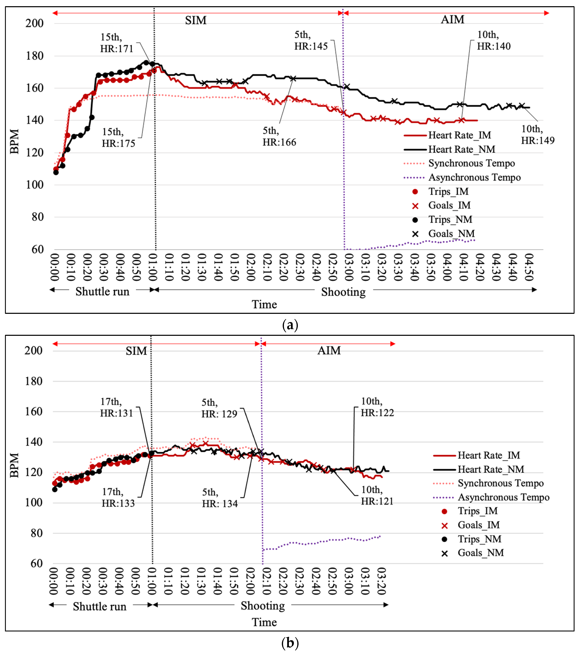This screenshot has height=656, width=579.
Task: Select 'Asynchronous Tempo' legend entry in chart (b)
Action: [503, 497]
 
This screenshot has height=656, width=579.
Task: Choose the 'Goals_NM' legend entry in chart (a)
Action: [451, 234]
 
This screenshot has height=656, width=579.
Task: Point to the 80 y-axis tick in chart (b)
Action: [34, 533]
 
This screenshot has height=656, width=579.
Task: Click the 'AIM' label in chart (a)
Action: [453, 20]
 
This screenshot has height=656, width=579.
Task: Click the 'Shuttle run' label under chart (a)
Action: [102, 291]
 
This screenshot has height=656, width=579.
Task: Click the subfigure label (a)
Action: [290, 325]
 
